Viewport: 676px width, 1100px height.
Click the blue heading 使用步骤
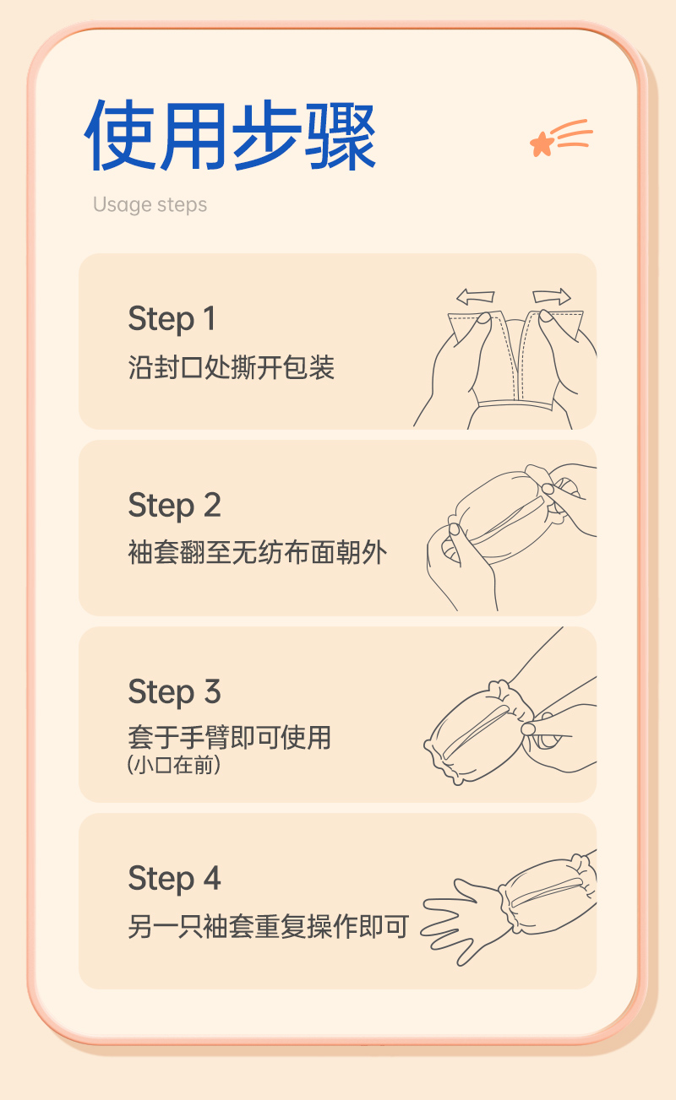pyautogui.click(x=230, y=135)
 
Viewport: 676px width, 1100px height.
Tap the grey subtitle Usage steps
pyautogui.click(x=150, y=205)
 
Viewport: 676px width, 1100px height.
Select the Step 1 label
pyautogui.click(x=172, y=320)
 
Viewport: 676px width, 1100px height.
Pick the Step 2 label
pyautogui.click(x=175, y=507)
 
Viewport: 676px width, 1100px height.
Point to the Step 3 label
pyautogui.click(x=175, y=692)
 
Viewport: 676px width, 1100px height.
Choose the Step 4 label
pyautogui.click(x=175, y=880)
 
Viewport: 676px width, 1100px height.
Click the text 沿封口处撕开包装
pyautogui.click(x=231, y=367)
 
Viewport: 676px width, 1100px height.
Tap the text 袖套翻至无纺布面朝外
pyautogui.click(x=258, y=552)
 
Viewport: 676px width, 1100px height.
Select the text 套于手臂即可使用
pyautogui.click(x=230, y=738)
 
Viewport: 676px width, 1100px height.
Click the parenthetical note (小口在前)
pyautogui.click(x=173, y=765)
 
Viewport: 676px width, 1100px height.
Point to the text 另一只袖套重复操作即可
pyautogui.click(x=269, y=926)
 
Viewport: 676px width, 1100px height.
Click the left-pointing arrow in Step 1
pyautogui.click(x=475, y=296)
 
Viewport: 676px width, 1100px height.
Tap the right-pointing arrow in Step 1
pyautogui.click(x=552, y=296)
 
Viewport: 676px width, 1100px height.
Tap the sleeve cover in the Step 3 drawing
pyautogui.click(x=479, y=732)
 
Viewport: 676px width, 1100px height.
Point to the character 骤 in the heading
pyautogui.click(x=341, y=136)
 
